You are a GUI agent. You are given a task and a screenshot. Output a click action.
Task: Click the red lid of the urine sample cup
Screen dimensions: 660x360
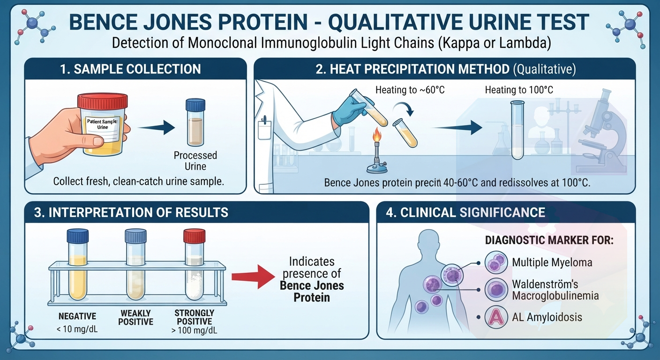(x=103, y=101)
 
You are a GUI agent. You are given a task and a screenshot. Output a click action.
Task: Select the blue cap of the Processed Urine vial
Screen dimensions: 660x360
(x=195, y=105)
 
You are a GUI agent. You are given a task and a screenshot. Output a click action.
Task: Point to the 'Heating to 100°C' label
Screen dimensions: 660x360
(x=519, y=90)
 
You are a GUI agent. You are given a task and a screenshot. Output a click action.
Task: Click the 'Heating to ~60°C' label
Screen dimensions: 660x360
(x=410, y=90)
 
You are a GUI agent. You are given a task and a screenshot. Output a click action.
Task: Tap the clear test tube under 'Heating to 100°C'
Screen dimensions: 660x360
(x=517, y=130)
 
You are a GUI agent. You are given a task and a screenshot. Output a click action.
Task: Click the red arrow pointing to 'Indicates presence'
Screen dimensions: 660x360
(x=254, y=277)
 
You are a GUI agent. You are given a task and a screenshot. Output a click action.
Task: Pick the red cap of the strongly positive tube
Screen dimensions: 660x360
(x=194, y=236)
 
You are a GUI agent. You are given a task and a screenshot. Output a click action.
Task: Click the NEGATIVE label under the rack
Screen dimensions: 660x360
(x=77, y=316)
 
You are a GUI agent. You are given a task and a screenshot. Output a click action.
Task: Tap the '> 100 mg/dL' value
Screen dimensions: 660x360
(x=194, y=330)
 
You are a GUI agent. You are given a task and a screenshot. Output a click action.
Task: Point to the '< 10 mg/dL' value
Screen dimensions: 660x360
(x=77, y=329)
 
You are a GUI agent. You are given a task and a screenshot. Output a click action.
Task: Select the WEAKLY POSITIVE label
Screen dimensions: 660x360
(x=135, y=317)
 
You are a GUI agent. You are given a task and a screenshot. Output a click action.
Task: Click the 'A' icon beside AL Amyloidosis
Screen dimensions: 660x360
(x=496, y=317)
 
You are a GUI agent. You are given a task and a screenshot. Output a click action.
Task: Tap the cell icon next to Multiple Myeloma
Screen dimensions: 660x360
(x=496, y=262)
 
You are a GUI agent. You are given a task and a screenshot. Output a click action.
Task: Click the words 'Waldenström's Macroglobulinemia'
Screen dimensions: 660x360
(x=555, y=290)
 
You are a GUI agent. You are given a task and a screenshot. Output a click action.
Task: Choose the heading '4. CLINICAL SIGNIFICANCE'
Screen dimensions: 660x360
(x=465, y=212)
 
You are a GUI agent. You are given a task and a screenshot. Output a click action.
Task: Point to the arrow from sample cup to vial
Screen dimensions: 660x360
(x=156, y=127)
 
